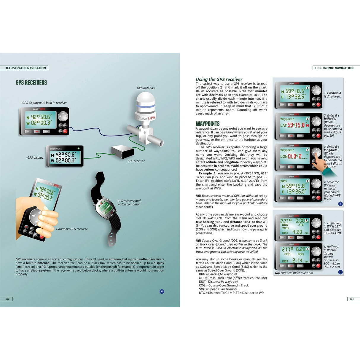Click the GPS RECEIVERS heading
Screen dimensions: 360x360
pyautogui.click(x=31, y=83)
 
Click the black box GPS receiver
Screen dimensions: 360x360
pyautogui.click(x=123, y=152)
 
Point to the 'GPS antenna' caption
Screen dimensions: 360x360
pyautogui.click(x=146, y=88)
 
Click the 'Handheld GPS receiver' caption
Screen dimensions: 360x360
pyautogui.click(x=72, y=229)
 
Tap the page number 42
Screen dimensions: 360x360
pyautogui.click(x=8, y=299)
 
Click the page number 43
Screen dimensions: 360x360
pyautogui.click(x=352, y=299)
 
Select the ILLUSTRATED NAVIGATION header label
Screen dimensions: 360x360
pyautogui.click(x=26, y=68)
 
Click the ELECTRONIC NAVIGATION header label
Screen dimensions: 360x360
pyautogui.click(x=334, y=68)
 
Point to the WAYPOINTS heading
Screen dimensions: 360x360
pyautogui.click(x=208, y=124)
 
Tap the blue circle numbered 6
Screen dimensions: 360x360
pyautogui.click(x=162, y=291)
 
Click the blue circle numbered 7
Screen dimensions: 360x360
pyautogui.click(x=340, y=204)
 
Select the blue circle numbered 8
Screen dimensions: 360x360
pyautogui.click(x=340, y=272)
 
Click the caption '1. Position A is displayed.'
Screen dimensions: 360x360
pyautogui.click(x=332, y=95)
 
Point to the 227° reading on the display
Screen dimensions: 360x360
pyautogui.click(x=286, y=221)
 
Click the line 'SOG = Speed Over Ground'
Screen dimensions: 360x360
pyautogui.click(x=218, y=289)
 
